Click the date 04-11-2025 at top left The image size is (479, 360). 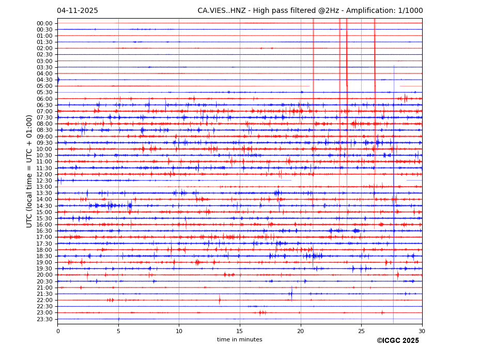(x=78, y=11)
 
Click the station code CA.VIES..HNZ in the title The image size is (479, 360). (x=225, y=11)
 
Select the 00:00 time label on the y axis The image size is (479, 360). (x=44, y=23)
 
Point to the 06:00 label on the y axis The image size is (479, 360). (x=44, y=99)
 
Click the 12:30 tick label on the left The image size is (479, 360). (x=44, y=181)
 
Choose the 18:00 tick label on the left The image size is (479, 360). (x=44, y=250)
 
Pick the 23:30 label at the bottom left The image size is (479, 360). (x=44, y=319)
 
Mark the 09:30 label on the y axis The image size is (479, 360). (x=44, y=143)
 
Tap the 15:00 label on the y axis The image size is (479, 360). (x=44, y=212)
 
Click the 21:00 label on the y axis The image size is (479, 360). (x=44, y=288)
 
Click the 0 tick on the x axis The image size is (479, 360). (x=58, y=331)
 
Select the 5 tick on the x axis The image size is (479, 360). (x=118, y=331)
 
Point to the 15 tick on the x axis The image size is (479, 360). (x=240, y=331)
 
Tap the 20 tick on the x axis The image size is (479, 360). (x=301, y=331)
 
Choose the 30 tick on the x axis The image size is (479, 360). (x=422, y=331)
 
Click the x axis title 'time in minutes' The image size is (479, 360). (x=239, y=340)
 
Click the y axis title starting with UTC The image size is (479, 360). (x=30, y=171)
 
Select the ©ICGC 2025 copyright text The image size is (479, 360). (x=397, y=341)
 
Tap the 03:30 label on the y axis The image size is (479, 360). (x=44, y=67)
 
